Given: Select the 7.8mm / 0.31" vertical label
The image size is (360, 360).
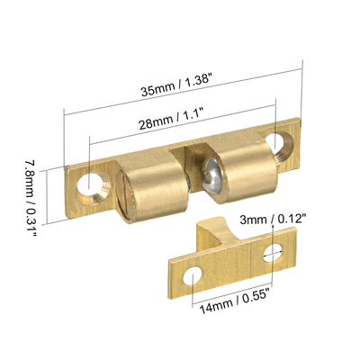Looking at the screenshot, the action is point(30,198).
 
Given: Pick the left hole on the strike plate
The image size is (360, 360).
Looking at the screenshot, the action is point(193,275).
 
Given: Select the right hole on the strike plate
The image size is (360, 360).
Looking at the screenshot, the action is point(274,253).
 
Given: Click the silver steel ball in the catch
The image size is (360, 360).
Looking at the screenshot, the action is point(212,175).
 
